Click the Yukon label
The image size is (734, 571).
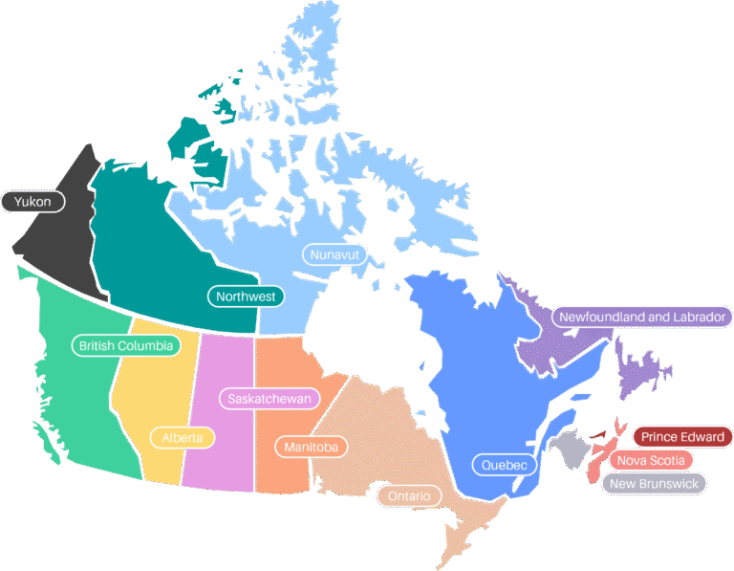(33, 202)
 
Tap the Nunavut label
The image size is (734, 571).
(334, 254)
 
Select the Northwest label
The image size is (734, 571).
(246, 296)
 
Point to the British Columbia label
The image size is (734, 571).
(126, 345)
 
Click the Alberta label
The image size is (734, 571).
(183, 438)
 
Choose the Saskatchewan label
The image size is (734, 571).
(270, 399)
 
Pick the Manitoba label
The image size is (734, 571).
(312, 447)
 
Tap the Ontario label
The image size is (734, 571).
(409, 496)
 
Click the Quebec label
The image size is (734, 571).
(505, 465)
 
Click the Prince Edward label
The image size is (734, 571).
(682, 437)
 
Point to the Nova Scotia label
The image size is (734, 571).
(651, 460)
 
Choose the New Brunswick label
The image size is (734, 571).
(655, 483)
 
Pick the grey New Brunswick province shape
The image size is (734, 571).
(572, 447)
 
